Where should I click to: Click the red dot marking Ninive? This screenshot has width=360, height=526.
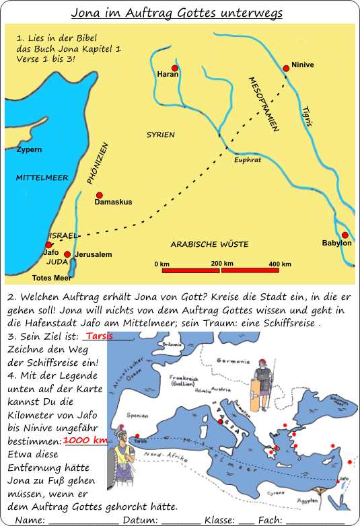point(286,67)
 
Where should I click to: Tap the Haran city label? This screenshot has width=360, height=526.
point(168,75)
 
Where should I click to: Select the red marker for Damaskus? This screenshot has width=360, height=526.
point(99,194)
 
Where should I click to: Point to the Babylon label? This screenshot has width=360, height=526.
point(336,243)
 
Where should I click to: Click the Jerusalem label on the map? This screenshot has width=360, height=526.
point(93,255)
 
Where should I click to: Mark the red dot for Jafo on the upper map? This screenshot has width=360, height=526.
point(48,246)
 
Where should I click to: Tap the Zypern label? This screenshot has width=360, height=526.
point(30,149)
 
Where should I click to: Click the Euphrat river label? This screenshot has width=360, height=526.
point(247,160)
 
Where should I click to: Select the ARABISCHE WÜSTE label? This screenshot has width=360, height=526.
point(209,244)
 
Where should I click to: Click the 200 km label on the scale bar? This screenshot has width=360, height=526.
point(221,263)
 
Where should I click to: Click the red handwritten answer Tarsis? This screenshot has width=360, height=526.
point(99,336)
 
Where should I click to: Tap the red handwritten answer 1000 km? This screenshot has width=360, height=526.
point(85,440)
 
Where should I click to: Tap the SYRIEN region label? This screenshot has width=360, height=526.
point(161,135)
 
